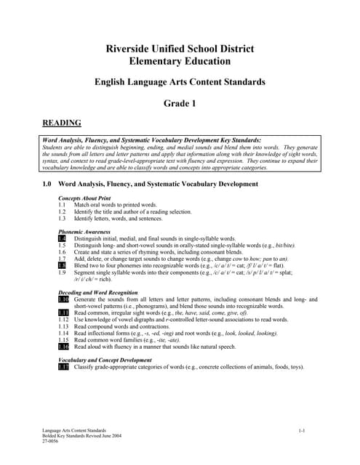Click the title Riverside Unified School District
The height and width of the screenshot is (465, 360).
point(180,49)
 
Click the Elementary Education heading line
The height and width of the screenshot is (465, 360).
point(180,62)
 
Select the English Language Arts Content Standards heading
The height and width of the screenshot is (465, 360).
point(180,83)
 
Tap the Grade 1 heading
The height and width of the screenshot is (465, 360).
point(180,103)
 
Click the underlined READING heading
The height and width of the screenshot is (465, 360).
point(62,123)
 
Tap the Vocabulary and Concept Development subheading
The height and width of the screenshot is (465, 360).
point(105,360)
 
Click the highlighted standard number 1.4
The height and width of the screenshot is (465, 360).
point(62,238)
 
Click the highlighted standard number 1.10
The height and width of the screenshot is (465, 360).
point(63,299)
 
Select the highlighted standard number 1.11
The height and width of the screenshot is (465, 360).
point(63,312)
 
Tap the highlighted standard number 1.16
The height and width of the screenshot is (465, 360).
point(63,347)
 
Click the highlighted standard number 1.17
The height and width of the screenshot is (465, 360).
point(63,367)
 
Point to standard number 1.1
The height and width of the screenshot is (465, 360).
point(62,205)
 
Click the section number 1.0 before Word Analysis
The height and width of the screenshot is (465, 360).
point(48,185)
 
